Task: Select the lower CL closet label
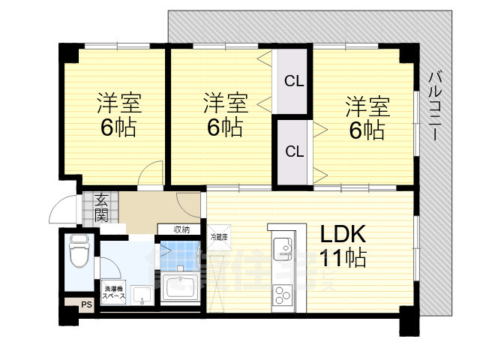pyautogui.click(x=293, y=151)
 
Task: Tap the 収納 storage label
pyautogui.click(x=181, y=229)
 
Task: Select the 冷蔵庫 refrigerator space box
pyautogui.click(x=220, y=237)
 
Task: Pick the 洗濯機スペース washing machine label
pyautogui.click(x=115, y=292)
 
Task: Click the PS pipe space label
pyautogui.click(x=86, y=304)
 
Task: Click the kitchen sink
pyautogui.click(x=283, y=248)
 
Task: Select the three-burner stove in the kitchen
pyautogui.click(x=283, y=295)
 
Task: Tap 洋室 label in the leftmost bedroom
pyautogui.click(x=118, y=103)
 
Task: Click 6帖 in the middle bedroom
pyautogui.click(x=224, y=127)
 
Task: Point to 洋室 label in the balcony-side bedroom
pyautogui.click(x=367, y=106)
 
